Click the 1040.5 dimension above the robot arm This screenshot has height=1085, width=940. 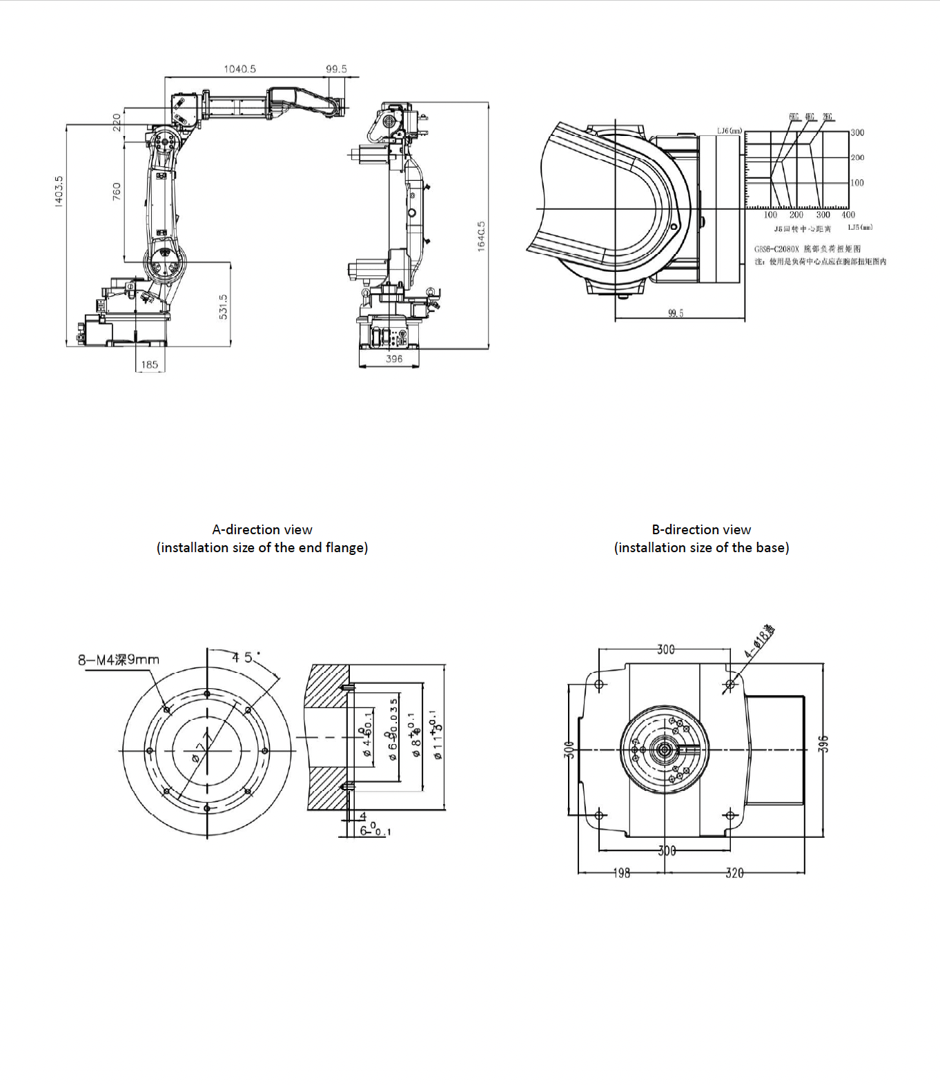point(239,69)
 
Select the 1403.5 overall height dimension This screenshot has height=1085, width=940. point(59,190)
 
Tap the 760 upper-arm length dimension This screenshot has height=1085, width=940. point(116,191)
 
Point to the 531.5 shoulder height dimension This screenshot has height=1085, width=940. point(223,306)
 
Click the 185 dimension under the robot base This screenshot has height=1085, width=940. point(150,364)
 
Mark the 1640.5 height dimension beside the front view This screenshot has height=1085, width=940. point(481,236)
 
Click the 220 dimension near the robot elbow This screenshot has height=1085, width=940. point(117,122)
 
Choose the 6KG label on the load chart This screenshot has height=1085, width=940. point(794,117)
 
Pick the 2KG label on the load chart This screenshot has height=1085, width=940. point(827,117)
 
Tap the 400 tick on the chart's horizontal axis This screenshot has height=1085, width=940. point(848,215)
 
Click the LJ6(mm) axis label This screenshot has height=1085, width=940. point(729,130)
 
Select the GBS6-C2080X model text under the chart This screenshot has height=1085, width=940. point(776,248)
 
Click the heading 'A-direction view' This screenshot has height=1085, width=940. point(262,529)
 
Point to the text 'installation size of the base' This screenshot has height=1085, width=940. point(701,547)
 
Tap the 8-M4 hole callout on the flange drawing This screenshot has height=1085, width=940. point(118,660)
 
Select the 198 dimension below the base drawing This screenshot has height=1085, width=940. point(622,873)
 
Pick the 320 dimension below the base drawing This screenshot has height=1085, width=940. point(734,873)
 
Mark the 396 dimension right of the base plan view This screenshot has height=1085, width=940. point(823,744)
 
